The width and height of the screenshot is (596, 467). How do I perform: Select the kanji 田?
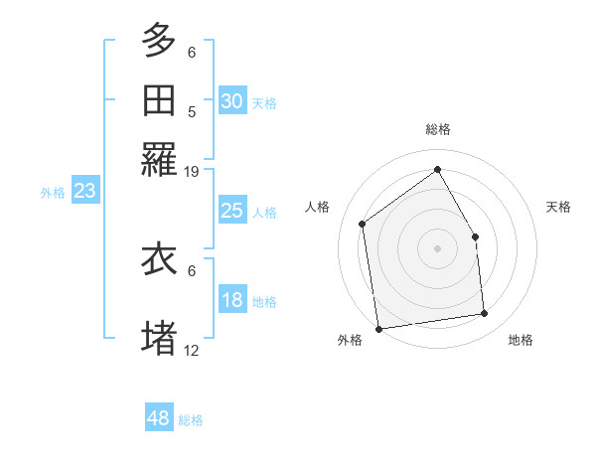tap(159, 100)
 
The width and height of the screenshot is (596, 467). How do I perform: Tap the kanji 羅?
tap(159, 160)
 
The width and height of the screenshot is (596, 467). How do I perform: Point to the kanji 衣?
tap(159, 258)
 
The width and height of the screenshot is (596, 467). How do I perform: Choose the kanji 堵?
tap(159, 337)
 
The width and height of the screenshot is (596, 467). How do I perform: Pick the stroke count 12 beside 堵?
tap(192, 350)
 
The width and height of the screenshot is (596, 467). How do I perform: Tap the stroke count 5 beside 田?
tap(192, 111)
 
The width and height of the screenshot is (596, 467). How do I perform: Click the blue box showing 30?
tap(231, 100)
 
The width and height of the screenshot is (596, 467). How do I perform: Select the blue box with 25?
tap(231, 211)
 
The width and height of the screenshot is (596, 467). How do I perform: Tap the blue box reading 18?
tap(231, 301)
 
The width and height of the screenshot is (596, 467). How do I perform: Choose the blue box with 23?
tap(84, 191)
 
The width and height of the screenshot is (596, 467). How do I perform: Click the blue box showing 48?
tap(159, 418)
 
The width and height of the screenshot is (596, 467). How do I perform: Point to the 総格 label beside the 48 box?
tap(192, 420)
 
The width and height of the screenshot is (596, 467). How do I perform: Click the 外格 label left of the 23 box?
tap(53, 193)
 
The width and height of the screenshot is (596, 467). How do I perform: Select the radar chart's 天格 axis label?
tap(558, 207)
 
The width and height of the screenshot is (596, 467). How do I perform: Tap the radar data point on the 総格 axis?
tap(437, 169)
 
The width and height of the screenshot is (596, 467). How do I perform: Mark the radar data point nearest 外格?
tap(378, 329)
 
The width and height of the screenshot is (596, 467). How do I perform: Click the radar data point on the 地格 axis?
tap(485, 314)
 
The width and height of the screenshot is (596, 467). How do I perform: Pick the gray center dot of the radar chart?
tap(437, 248)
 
